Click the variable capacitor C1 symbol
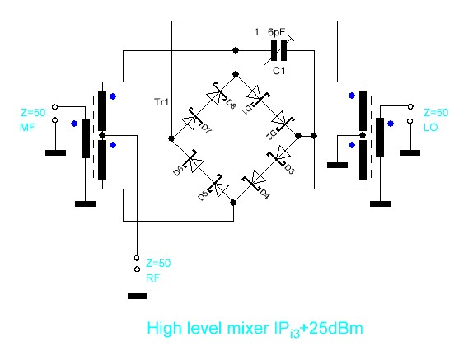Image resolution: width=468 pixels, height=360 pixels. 279,51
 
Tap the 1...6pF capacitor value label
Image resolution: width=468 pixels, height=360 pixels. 269,32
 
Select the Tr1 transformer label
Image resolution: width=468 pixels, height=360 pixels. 161,102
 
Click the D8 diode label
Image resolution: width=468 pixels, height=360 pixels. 230,105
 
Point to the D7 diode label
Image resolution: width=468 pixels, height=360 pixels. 207,129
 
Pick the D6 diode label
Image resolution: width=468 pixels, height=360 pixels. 178,171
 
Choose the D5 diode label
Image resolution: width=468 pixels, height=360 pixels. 204,195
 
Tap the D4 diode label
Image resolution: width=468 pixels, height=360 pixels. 264,194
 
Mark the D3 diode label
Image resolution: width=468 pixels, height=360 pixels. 289,169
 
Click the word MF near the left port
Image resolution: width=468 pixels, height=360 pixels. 27,128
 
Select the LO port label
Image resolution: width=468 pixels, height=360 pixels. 430,128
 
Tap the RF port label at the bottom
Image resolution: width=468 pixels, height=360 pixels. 152,278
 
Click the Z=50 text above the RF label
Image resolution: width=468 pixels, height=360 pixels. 158,264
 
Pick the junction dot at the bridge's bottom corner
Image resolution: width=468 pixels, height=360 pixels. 233,203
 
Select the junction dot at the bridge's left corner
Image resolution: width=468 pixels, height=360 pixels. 171,138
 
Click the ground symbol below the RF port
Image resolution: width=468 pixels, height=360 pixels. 138,296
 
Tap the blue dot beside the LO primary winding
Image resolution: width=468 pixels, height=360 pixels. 390,124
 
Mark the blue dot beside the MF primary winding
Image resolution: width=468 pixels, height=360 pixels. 74,124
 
